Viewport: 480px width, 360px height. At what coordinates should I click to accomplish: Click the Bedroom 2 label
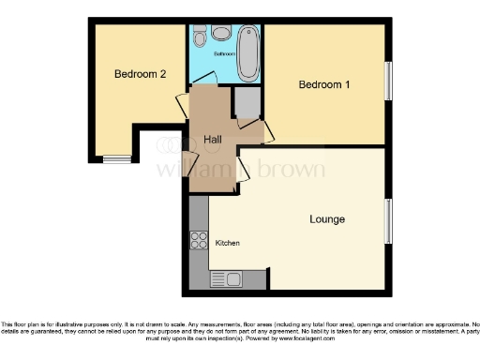click(x=141, y=74)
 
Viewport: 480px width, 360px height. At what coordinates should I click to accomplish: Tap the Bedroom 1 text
click(x=324, y=84)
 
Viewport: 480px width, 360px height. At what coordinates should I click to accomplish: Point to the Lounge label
click(x=327, y=219)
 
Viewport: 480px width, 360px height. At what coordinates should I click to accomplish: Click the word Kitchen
click(x=228, y=244)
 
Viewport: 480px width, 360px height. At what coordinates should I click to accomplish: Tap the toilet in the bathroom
click(x=200, y=37)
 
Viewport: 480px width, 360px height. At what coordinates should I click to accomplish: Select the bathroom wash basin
click(x=221, y=33)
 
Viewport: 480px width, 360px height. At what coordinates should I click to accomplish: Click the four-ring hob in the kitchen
click(x=199, y=239)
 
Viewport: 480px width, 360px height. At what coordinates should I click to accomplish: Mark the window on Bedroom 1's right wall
click(x=386, y=82)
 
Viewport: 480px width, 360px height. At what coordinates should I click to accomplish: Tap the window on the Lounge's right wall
click(x=387, y=221)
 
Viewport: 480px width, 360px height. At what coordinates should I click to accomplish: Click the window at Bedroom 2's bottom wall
click(x=117, y=157)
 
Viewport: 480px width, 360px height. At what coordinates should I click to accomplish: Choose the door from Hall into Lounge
click(x=242, y=169)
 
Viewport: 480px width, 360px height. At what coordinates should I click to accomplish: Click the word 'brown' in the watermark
click(x=285, y=170)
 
